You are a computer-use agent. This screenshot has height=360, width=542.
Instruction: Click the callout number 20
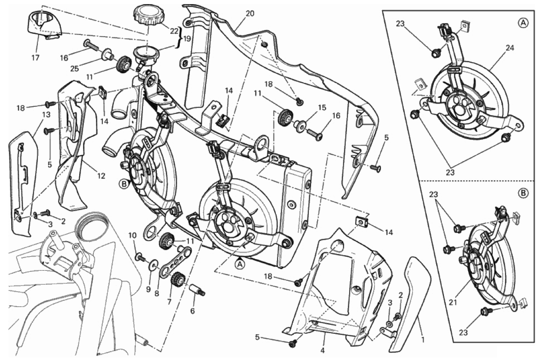pyautogui.click(x=250, y=14)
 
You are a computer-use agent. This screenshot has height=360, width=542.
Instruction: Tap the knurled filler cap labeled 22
pyautogui.click(x=146, y=15)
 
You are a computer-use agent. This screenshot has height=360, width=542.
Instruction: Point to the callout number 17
pyautogui.click(x=36, y=57)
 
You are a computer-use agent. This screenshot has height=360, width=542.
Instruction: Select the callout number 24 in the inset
pyautogui.click(x=510, y=48)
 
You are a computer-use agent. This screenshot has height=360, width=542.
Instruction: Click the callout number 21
pyautogui.click(x=453, y=302)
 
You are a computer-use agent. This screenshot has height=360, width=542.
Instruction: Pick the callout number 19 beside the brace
pyautogui.click(x=187, y=39)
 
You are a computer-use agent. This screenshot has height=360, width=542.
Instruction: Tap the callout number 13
pyautogui.click(x=46, y=115)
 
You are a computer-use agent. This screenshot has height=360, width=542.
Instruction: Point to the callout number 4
pyautogui.click(x=323, y=351)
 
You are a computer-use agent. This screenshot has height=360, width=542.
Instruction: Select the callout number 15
pyautogui.click(x=322, y=108)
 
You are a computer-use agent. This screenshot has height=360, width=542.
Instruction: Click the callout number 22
pyautogui.click(x=174, y=31)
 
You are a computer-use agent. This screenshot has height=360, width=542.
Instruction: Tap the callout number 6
pyautogui.click(x=193, y=311)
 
